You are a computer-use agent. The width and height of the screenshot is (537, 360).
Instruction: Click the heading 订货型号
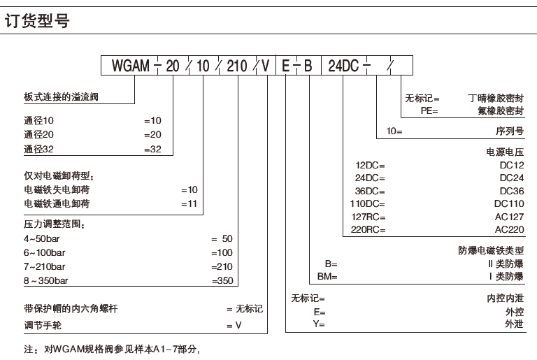point(39,22)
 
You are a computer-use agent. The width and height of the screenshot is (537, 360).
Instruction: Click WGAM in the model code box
point(131,66)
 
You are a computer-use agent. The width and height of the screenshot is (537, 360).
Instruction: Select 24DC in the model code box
point(343,66)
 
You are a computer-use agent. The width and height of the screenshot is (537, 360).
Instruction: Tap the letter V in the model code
point(266,66)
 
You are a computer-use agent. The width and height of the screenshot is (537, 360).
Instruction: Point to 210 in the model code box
point(237,66)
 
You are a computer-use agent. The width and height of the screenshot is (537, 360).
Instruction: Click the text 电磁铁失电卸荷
point(57,189)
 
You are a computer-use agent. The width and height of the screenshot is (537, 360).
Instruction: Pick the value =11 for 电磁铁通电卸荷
point(189,203)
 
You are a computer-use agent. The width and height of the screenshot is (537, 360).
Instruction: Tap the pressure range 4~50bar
point(44,238)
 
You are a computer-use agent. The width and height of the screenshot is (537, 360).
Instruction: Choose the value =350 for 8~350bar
point(222,280)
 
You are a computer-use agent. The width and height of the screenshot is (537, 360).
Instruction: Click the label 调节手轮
point(43,326)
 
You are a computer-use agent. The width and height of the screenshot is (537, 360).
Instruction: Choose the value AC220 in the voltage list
point(509,229)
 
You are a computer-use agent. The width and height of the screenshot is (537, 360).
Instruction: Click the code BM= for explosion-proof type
point(328,276)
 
